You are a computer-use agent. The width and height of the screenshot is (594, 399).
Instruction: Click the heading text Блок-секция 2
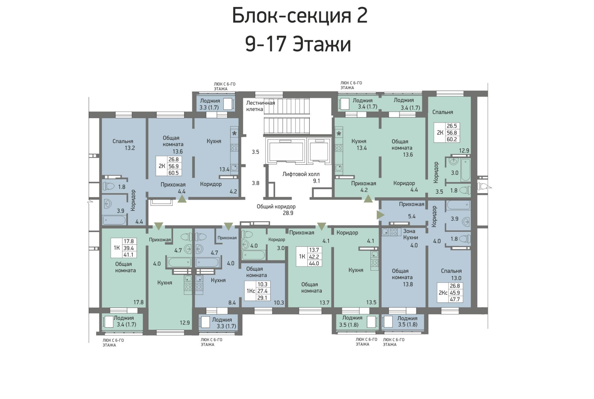(x=300, y=16)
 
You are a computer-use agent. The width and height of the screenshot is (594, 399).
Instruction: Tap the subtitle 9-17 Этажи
(x=298, y=44)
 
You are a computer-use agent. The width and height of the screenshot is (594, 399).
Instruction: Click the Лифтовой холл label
(x=301, y=174)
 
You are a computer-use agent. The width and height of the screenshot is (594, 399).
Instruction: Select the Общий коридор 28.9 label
(x=276, y=210)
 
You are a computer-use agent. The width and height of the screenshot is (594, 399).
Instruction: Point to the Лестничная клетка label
(x=261, y=106)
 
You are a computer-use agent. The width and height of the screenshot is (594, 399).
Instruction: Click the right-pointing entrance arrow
(x=380, y=215)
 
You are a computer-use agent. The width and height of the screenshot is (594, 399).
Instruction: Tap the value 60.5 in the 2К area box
(x=174, y=173)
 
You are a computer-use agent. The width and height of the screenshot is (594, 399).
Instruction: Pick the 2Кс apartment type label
(x=443, y=293)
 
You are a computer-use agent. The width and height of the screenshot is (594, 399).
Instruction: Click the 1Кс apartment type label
(x=251, y=291)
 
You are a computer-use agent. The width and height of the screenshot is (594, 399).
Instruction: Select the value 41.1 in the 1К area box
(x=128, y=255)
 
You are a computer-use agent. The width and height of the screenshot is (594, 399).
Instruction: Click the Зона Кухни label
(x=410, y=234)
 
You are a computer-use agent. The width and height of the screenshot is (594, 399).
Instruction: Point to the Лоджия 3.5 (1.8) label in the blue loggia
(x=407, y=321)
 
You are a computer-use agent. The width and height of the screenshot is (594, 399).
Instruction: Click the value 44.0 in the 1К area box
(x=314, y=263)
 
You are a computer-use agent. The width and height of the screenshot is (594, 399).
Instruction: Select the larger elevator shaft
(x=286, y=150)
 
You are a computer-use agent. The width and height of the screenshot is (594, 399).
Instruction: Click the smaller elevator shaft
(x=319, y=150)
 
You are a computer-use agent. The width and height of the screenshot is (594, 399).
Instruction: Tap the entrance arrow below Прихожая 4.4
(x=182, y=199)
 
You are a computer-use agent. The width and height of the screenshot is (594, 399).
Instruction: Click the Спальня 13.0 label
(x=451, y=274)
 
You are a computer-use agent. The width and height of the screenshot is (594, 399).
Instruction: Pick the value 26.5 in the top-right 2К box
(x=452, y=126)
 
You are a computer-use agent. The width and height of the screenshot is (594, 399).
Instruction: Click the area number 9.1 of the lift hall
(x=316, y=181)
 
